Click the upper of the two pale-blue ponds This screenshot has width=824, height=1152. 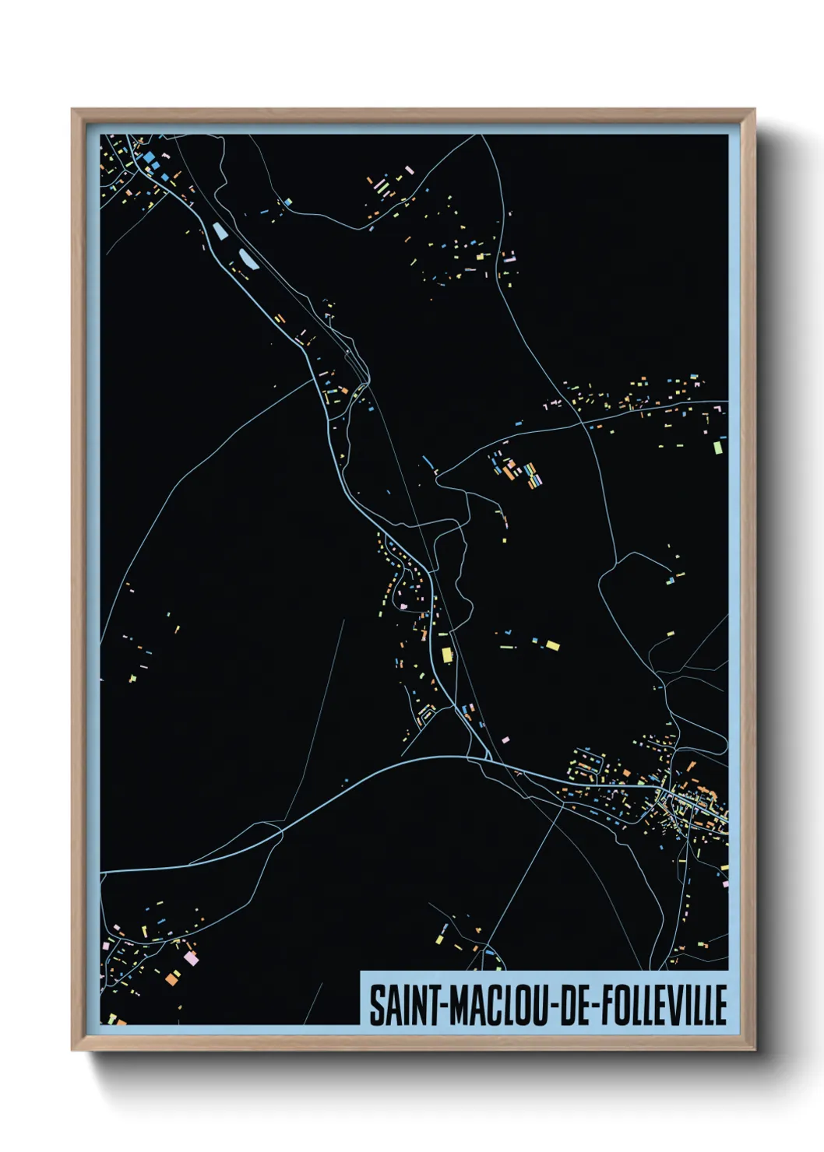[220, 231]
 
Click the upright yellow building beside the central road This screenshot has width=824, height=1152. [447, 654]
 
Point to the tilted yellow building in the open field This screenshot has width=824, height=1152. [552, 644]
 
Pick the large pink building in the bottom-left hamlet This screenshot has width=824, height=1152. [190, 958]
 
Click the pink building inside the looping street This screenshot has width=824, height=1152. [403, 604]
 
